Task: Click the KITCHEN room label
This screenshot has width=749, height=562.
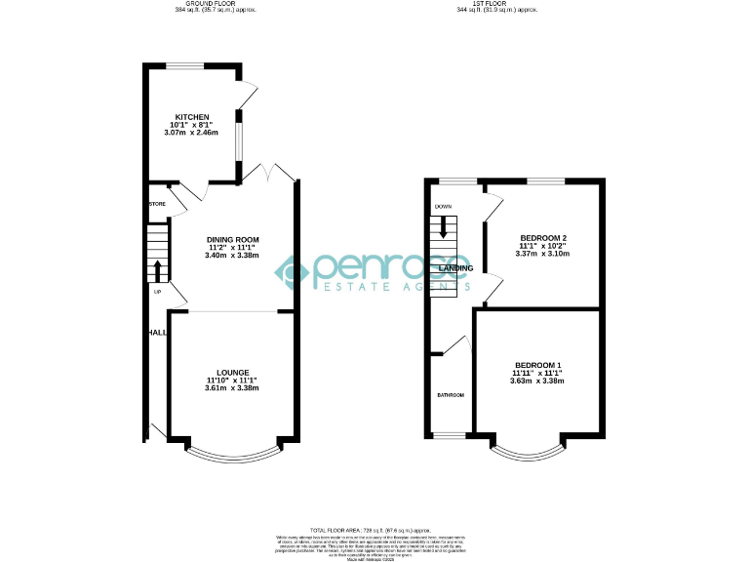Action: tap(191, 117)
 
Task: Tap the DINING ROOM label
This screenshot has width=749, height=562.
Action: tap(232, 239)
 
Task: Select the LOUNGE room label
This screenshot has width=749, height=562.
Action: tap(232, 373)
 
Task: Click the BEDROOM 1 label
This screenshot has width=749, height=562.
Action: tap(537, 365)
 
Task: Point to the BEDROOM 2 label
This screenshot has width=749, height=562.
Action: tap(543, 238)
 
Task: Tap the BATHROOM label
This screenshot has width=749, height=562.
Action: tap(451, 395)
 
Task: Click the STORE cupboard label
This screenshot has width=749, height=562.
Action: tap(157, 204)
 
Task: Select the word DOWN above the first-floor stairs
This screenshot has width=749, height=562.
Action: tap(444, 207)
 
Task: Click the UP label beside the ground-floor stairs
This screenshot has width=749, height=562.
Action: tap(156, 292)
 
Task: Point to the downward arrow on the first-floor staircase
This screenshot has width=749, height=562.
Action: tap(444, 229)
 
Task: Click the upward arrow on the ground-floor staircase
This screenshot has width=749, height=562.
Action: tap(157, 269)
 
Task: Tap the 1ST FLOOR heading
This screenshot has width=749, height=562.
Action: tap(496, 4)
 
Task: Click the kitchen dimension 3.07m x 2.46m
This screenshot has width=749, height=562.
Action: tap(191, 133)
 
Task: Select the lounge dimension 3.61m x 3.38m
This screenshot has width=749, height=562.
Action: tap(232, 388)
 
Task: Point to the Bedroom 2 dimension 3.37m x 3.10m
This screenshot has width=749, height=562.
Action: tap(543, 254)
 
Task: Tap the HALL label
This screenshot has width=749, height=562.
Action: tap(156, 333)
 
